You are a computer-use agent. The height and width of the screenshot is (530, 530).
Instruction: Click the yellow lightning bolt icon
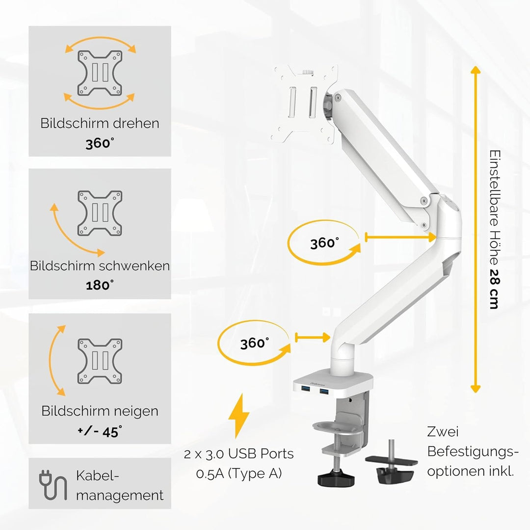tap(239, 416)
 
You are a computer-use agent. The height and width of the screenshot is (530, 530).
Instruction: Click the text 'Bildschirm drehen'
tap(100, 123)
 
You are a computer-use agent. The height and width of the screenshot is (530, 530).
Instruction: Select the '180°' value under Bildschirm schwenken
tap(100, 285)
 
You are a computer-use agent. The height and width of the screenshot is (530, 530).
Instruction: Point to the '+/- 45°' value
tap(100, 431)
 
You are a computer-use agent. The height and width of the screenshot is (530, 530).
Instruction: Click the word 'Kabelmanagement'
tap(119, 485)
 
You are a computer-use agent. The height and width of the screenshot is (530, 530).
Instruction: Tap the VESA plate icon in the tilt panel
tap(100, 361)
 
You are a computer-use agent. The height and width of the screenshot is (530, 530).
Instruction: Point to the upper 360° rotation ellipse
tap(324, 243)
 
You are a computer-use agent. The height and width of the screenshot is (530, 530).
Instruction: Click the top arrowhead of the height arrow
tap(475, 70)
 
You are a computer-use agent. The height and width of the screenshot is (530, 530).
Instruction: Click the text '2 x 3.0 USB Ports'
tap(238, 454)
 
